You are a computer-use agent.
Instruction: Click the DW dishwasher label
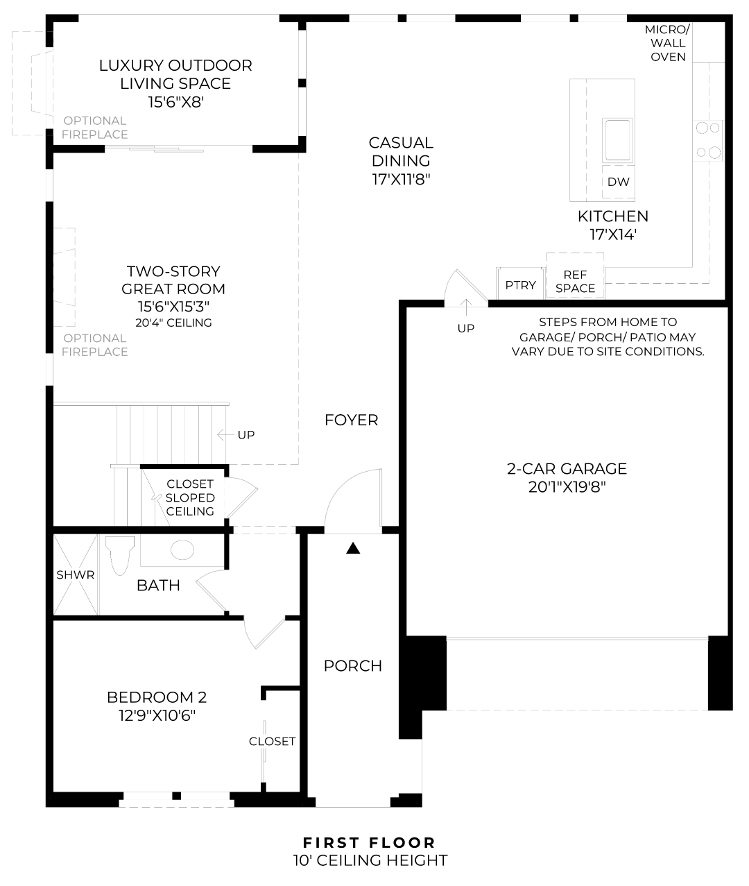pyautogui.click(x=618, y=182)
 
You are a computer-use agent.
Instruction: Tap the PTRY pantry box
pyautogui.click(x=520, y=285)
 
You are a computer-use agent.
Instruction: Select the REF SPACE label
pyautogui.click(x=575, y=282)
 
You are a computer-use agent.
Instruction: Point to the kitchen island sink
pyautogui.click(x=617, y=139)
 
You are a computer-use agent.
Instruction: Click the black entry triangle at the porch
pyautogui.click(x=353, y=549)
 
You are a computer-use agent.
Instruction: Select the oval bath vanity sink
pyautogui.click(x=182, y=550)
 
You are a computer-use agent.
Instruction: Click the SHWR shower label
pyautogui.click(x=76, y=574)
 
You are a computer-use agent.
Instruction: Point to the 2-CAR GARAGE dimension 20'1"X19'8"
pyautogui.click(x=567, y=487)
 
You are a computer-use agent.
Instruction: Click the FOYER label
pyautogui.click(x=352, y=420)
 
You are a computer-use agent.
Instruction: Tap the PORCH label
pyautogui.click(x=353, y=666)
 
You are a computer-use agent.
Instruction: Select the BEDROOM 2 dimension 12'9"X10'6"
pyautogui.click(x=157, y=715)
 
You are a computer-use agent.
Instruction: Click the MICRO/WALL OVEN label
pyautogui.click(x=668, y=43)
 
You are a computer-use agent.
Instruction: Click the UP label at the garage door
pyautogui.click(x=466, y=327)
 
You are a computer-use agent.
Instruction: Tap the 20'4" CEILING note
pyautogui.click(x=173, y=323)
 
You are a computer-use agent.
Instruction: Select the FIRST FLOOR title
pyautogui.click(x=369, y=843)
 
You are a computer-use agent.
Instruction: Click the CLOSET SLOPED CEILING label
pyautogui.click(x=190, y=497)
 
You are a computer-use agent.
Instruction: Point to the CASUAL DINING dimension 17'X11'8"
pyautogui.click(x=401, y=179)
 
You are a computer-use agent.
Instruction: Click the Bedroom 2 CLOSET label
pyautogui.click(x=273, y=741)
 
